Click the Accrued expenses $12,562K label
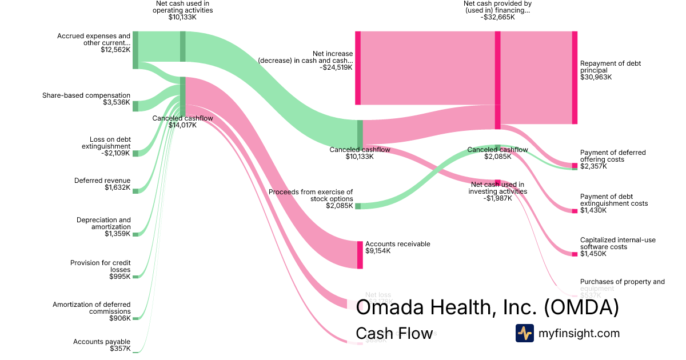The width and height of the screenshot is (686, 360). pos(94,43)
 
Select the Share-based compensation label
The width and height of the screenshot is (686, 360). pos(86,99)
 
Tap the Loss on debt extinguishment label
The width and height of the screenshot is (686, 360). pos(106,146)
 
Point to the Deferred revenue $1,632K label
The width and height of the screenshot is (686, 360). pos(102,184)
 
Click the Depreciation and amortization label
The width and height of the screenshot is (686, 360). pos(103,227)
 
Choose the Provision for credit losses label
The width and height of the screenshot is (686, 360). pos(101,270)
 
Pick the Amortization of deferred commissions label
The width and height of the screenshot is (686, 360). pos(91,311)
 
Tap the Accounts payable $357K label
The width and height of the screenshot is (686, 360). pos(102,345)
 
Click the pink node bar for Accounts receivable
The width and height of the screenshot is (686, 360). pos(360,255)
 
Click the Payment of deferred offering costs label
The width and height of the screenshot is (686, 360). pos(613,159)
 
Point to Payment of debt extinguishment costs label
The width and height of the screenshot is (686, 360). pos(614,203)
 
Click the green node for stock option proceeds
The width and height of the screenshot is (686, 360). pos(358,206)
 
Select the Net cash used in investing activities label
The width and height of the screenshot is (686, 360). pos(497,191)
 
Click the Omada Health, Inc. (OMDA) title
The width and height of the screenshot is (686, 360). pos(488,308)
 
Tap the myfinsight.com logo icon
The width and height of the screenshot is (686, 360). pos(524,333)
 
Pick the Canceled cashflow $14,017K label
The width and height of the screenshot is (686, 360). pos(182,122)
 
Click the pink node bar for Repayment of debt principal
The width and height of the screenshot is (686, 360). pos(575,78)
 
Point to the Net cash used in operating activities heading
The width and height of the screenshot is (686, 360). pos(183,10)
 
